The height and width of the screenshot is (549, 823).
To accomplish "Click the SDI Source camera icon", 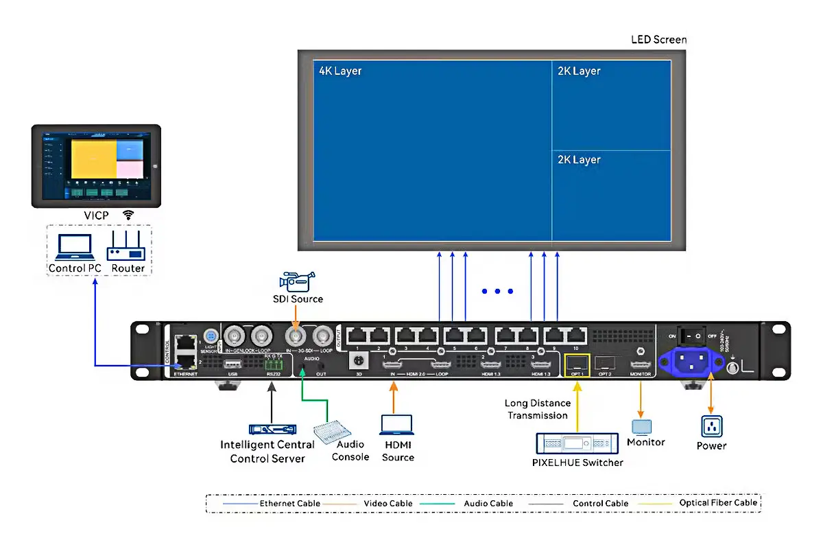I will pyautogui.click(x=296, y=281).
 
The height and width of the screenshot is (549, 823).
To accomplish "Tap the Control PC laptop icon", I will pyautogui.click(x=74, y=246).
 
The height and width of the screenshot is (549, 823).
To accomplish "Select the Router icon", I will pyautogui.click(x=126, y=246).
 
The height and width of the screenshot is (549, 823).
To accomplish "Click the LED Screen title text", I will pyautogui.click(x=658, y=40).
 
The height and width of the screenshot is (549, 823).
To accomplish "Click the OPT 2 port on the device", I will pyautogui.click(x=604, y=364).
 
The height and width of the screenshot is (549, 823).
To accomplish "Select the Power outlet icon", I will pyautogui.click(x=711, y=426).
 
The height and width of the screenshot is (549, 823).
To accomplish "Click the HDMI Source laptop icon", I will pyautogui.click(x=398, y=425).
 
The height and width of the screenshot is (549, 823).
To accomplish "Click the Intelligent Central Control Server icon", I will pyautogui.click(x=272, y=430).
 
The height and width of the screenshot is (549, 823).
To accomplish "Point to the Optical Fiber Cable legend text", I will pyautogui.click(x=718, y=503).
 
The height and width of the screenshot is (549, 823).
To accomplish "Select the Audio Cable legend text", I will pyautogui.click(x=488, y=503).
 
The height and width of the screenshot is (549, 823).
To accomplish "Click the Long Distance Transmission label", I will pyautogui.click(x=536, y=409).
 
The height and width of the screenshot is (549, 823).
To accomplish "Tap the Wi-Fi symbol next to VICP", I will pyautogui.click(x=128, y=215).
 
